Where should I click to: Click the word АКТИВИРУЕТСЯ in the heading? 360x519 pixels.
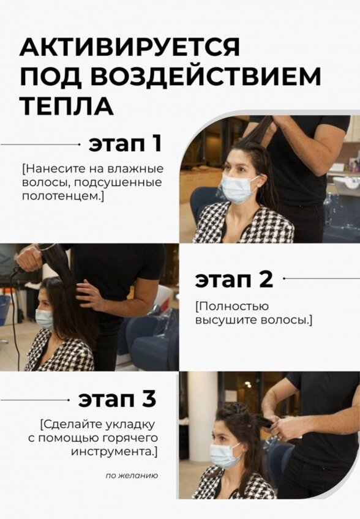(129, 47)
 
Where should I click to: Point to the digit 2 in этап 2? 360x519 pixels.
(264, 279)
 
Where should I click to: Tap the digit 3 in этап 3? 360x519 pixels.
(149, 399)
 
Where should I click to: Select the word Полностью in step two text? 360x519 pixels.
(226, 306)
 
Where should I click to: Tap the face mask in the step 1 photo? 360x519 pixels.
(238, 189)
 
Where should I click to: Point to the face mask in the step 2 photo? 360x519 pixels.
(44, 318)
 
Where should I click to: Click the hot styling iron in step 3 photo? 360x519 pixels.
(264, 421)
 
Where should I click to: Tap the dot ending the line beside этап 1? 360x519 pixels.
(79, 144)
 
